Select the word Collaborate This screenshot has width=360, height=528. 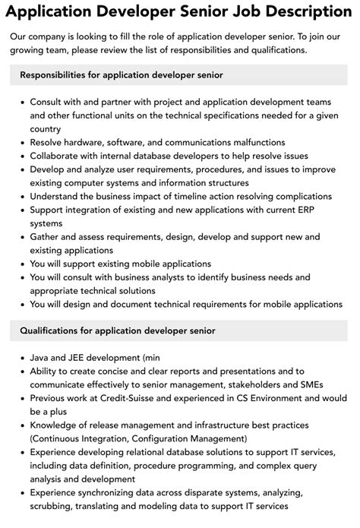point(58,157)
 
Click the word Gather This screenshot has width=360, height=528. point(47,237)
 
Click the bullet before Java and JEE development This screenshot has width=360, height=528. point(21,357)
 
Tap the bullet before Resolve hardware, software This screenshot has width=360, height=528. point(21,143)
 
